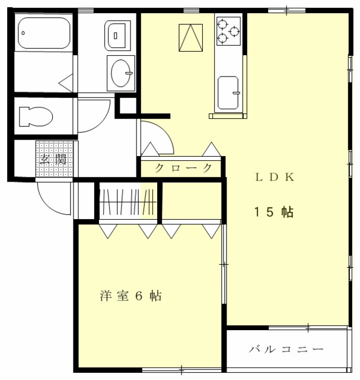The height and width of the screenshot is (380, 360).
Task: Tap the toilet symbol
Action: point(36,116)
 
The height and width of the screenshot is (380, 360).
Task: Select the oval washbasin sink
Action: point(121,73)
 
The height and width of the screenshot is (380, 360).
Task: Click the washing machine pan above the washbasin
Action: point(117,36)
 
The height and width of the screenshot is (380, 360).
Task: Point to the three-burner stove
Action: point(228,31)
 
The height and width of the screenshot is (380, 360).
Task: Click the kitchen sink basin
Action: point(228,93)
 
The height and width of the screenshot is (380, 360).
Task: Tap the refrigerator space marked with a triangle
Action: point(191,37)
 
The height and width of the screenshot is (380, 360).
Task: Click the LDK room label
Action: point(275,177)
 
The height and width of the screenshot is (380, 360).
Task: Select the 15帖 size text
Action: point(274,212)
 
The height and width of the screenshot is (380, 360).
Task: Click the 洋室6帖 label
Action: point(131,296)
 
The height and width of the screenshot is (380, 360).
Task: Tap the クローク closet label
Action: point(183,168)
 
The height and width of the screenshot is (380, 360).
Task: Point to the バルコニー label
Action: point(286,349)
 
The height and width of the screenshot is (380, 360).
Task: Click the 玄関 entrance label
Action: point(53,159)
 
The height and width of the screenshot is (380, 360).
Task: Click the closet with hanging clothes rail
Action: point(128,202)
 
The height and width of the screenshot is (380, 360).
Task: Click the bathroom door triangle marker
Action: point(66,83)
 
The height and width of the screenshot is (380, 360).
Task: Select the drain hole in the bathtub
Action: point(23,33)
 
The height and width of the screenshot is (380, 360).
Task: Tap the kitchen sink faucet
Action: point(236,93)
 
